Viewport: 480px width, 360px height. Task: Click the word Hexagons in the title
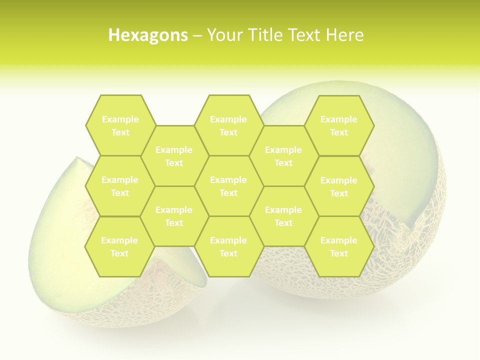coord(148,35)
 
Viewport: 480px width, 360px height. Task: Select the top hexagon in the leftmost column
coord(120,125)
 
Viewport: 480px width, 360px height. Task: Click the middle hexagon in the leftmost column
coord(120,186)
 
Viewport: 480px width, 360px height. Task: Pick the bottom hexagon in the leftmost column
coord(119,246)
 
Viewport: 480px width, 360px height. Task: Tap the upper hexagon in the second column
coord(174,156)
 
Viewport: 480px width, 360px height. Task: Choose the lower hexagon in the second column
coord(174,216)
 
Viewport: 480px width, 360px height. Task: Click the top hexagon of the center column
coord(228,125)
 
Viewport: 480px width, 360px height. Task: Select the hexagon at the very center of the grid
coord(228,186)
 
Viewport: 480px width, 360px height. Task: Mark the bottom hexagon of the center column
coord(228,246)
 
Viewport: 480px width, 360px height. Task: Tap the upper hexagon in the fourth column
coord(283,156)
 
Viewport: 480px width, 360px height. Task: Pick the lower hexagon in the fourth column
coord(283,216)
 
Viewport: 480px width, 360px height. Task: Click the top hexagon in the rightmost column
coord(339,125)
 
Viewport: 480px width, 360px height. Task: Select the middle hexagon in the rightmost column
coord(339,186)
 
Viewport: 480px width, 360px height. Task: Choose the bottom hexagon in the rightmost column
coord(339,246)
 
